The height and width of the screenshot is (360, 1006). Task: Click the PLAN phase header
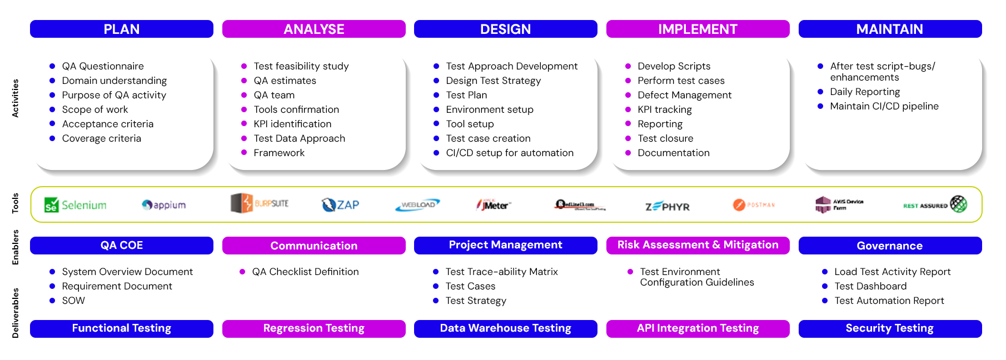121,29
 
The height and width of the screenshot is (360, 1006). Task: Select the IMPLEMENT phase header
698,29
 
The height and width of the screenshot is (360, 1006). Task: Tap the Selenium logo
76,205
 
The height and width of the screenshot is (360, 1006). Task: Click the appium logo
164,205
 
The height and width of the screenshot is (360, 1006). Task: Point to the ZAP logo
340,205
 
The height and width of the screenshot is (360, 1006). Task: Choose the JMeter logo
494,205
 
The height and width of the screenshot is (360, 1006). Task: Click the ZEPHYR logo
667,207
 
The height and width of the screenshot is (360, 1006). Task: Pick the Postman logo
754,205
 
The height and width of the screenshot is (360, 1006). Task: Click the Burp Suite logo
260,203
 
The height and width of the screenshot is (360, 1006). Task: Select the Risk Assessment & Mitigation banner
698,245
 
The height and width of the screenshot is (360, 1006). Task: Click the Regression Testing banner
313,328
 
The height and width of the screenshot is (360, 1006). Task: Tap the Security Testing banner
889,328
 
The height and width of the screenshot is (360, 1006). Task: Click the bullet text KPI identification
292,124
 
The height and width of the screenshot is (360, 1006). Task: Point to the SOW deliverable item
73,301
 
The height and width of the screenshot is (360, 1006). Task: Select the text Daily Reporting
865,92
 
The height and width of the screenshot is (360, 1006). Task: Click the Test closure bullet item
665,138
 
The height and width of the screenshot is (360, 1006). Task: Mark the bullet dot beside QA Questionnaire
52,66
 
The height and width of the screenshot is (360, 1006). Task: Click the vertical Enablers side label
16,247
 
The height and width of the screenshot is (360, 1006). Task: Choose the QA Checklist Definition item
305,272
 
